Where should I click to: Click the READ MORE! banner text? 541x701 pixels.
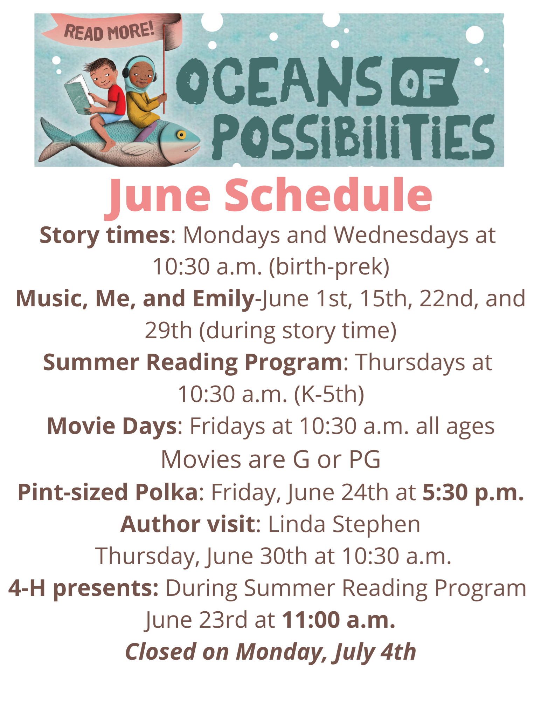[x=109, y=31]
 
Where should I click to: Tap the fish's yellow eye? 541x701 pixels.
[x=181, y=135]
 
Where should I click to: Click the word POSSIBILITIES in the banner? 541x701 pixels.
[x=353, y=137]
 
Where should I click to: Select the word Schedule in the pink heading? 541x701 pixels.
[x=328, y=195]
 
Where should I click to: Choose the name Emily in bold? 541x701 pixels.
[x=223, y=299]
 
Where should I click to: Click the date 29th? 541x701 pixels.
[x=168, y=330]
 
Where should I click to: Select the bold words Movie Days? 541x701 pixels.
[x=112, y=427]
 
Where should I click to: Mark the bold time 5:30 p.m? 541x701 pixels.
[x=473, y=493]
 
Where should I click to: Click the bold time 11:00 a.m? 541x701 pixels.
[x=339, y=620]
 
